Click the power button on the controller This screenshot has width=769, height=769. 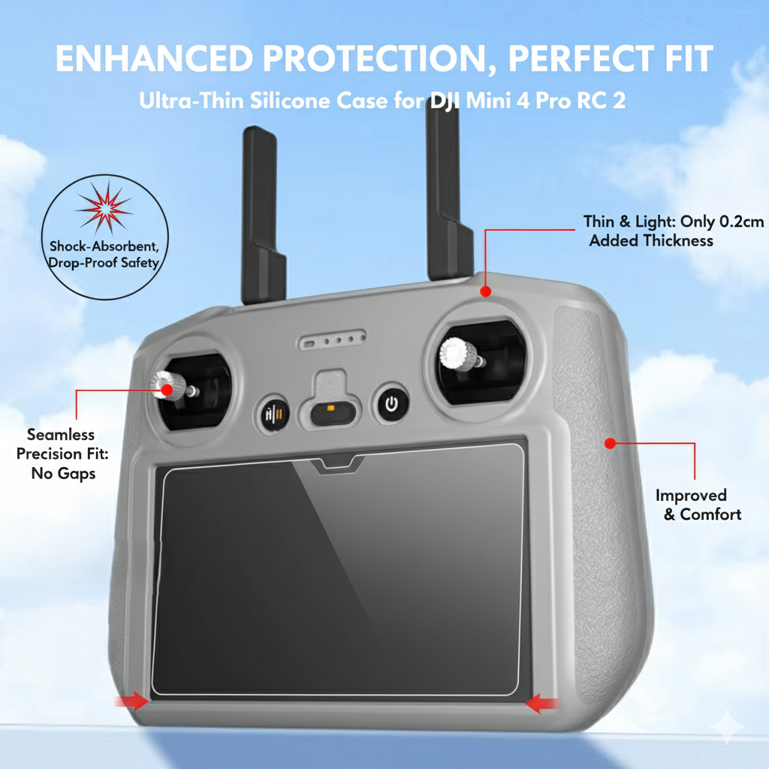pyautogui.click(x=391, y=404)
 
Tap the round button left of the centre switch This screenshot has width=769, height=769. pyautogui.click(x=273, y=415)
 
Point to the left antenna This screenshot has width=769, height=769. pyautogui.click(x=262, y=215)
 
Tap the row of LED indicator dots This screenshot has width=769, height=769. pyautogui.click(x=332, y=339)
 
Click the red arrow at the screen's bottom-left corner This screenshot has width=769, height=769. pyautogui.click(x=131, y=701)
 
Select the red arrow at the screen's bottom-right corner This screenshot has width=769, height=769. pyautogui.click(x=542, y=703)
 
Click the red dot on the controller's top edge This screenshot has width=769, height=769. pyautogui.click(x=486, y=291)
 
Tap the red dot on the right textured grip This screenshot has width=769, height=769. pyautogui.click(x=610, y=443)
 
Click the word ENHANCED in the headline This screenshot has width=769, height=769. pyautogui.click(x=154, y=59)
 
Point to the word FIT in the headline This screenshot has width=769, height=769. pyautogui.click(x=689, y=59)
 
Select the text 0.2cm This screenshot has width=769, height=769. pyautogui.click(x=741, y=222)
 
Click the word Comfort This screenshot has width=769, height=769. pyautogui.click(x=710, y=514)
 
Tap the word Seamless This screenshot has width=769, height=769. pyautogui.click(x=61, y=435)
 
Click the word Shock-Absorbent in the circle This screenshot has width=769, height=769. pyautogui.click(x=104, y=246)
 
